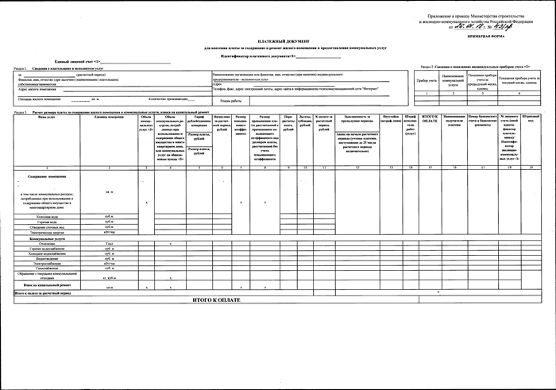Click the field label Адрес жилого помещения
(x=35, y=90)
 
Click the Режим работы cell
(x=230, y=100)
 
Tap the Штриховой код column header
(x=531, y=118)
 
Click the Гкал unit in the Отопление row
(x=109, y=243)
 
